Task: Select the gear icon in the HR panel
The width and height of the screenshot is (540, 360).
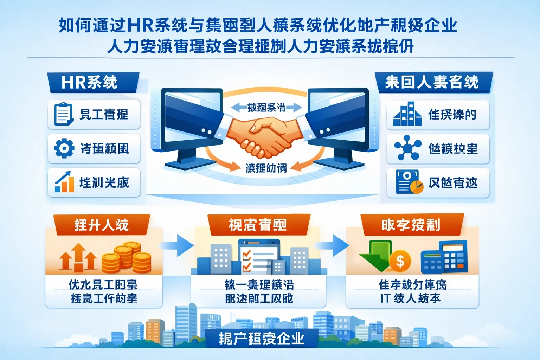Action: [64, 148]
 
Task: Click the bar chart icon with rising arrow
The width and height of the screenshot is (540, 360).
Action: [65, 182]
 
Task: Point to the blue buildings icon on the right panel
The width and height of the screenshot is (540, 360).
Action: [407, 114]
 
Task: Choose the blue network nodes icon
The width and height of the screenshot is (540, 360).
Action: [407, 148]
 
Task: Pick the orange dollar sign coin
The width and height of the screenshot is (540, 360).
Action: [400, 261]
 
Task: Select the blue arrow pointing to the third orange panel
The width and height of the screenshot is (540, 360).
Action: [334, 245]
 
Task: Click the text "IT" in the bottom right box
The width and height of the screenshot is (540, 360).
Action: [385, 298]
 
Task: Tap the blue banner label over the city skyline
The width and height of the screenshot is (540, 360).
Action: [262, 339]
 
